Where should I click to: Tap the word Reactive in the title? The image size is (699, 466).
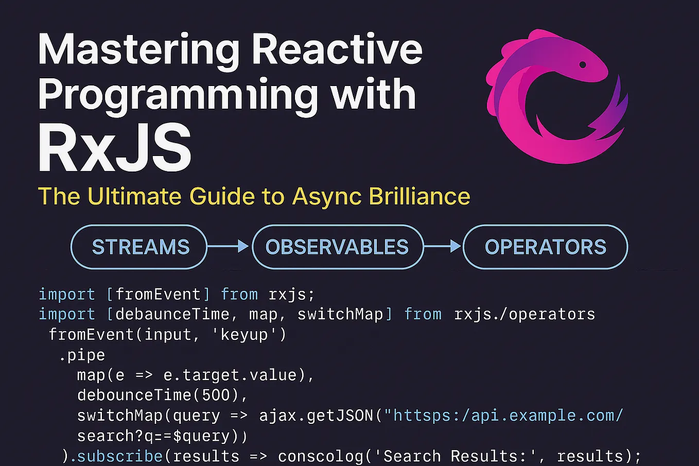point(337,49)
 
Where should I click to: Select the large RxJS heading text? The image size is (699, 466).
point(115,149)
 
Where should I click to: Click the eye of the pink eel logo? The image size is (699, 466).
point(583,65)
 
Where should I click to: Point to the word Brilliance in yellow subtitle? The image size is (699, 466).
point(419,196)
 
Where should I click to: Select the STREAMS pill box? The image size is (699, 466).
point(139,247)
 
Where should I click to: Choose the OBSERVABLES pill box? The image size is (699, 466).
point(337,247)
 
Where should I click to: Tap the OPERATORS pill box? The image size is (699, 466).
point(545,247)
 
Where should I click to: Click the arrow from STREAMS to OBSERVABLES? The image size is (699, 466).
point(229,247)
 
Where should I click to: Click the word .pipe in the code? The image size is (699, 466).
point(82,355)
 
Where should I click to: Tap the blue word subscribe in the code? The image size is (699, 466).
point(120,456)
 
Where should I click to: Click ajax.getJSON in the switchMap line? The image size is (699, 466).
point(317,415)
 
